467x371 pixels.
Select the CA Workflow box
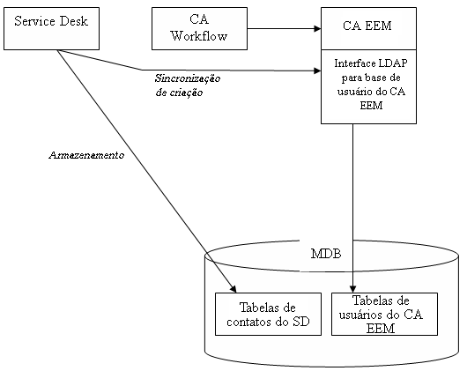199,28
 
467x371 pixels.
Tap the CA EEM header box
367,28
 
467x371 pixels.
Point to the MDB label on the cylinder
325,254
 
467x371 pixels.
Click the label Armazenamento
85,155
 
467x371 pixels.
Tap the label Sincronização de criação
188,85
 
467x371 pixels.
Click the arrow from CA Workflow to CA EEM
282,28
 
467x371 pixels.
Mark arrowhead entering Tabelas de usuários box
353,288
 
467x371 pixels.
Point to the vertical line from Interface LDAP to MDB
353,203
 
